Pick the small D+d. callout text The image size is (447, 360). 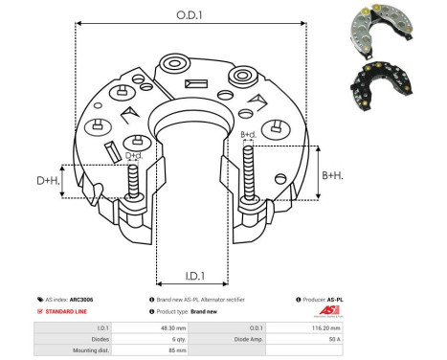coord(134,154)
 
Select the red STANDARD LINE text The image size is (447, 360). coord(73,312)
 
